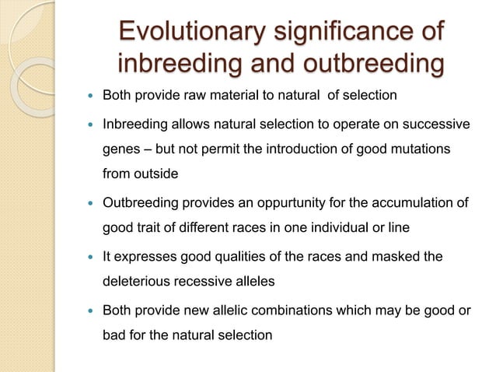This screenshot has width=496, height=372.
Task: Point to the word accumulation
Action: (x=415, y=204)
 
